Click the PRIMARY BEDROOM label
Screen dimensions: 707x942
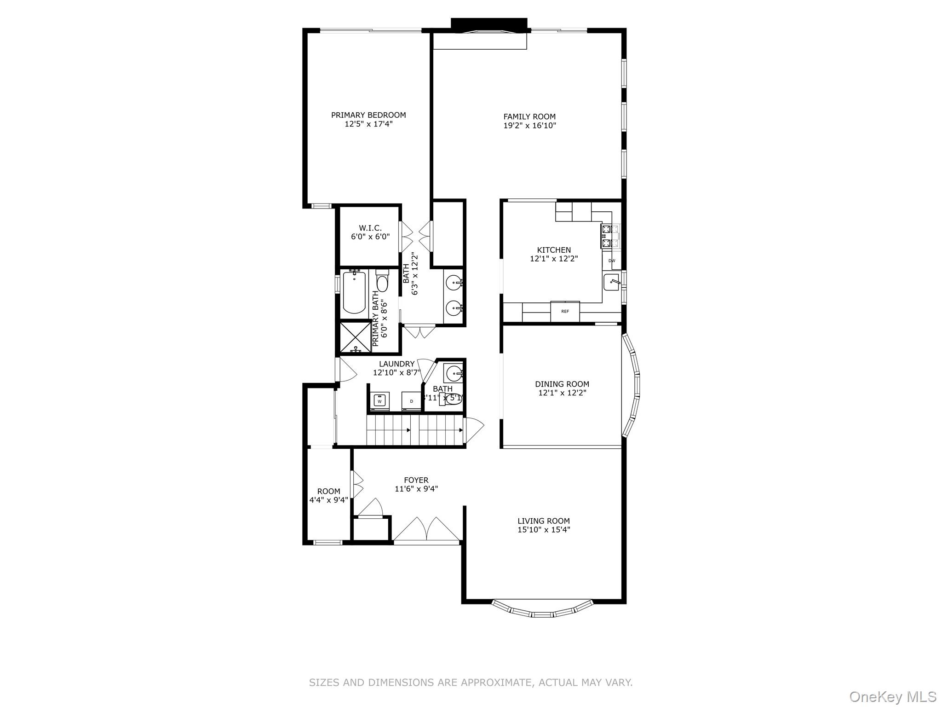(368, 115)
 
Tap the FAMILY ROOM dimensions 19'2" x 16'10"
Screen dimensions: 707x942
(529, 125)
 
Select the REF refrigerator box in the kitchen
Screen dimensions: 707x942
(565, 311)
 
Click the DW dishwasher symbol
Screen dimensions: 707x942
(612, 261)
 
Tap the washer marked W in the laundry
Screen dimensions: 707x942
(380, 400)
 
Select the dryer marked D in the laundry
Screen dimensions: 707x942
(412, 401)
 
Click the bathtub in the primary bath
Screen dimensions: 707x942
(354, 293)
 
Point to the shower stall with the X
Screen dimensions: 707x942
(356, 337)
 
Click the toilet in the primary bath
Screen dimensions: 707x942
(382, 282)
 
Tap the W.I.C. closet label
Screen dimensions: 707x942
(370, 228)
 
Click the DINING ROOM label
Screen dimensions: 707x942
(562, 384)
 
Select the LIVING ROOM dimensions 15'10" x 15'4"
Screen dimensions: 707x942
(544, 529)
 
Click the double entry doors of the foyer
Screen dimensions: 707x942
(427, 530)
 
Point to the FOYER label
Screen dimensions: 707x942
(416, 480)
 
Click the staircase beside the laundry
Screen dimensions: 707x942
(415, 430)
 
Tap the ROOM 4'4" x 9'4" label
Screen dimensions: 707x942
(328, 495)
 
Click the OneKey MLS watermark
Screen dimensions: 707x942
(892, 696)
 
